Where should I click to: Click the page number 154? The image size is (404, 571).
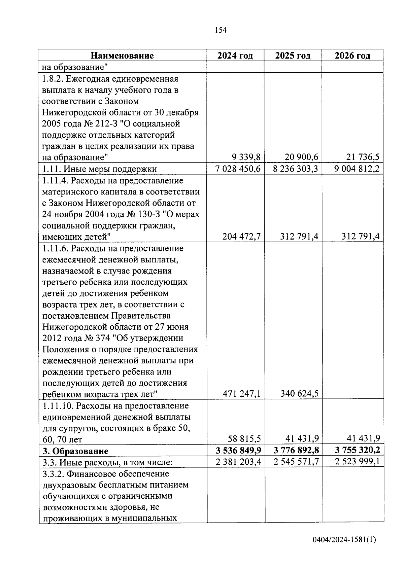(221, 30)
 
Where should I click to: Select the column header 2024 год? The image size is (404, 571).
(235, 56)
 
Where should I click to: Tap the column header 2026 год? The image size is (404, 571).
(352, 56)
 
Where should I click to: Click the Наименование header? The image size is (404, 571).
(122, 56)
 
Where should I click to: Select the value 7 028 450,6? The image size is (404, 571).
(238, 169)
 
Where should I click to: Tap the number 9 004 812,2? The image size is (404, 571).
(357, 169)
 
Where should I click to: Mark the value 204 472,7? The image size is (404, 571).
(241, 237)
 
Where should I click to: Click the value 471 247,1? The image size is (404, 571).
(241, 393)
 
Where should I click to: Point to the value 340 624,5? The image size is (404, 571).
(299, 393)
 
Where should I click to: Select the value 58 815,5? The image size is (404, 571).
(244, 439)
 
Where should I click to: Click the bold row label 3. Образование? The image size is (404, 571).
(75, 451)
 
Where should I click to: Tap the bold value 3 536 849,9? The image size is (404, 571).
(238, 450)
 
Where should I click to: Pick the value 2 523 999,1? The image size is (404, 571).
(357, 461)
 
